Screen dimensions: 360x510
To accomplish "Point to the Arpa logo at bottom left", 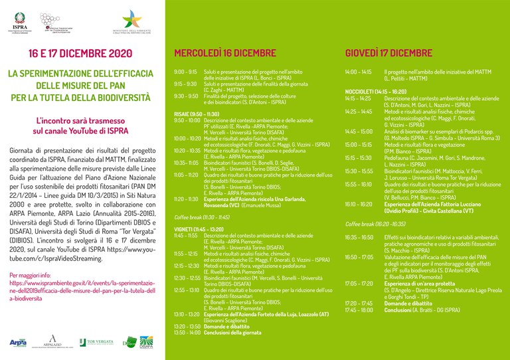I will pyautogui.click(x=19, y=342).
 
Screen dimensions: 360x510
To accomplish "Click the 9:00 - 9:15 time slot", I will pyautogui.click(x=185, y=71).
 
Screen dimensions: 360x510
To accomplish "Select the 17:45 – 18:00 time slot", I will pyautogui.click(x=359, y=310).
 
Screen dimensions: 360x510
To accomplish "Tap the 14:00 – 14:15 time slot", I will pyautogui.click(x=359, y=71).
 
